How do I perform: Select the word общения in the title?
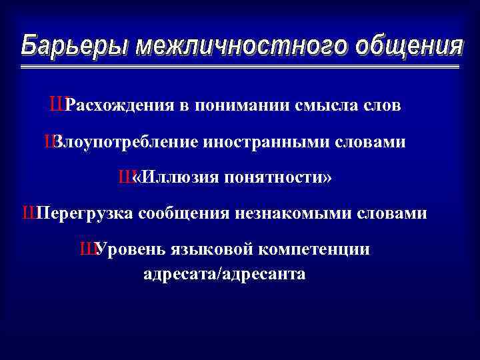pyautogui.click(x=408, y=46)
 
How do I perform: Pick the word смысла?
pyautogui.click(x=312, y=106)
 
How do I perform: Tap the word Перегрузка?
pyautogui.click(x=87, y=214)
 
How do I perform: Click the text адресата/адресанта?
pyautogui.click(x=225, y=274)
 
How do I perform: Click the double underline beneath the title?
pyautogui.click(x=240, y=67)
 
